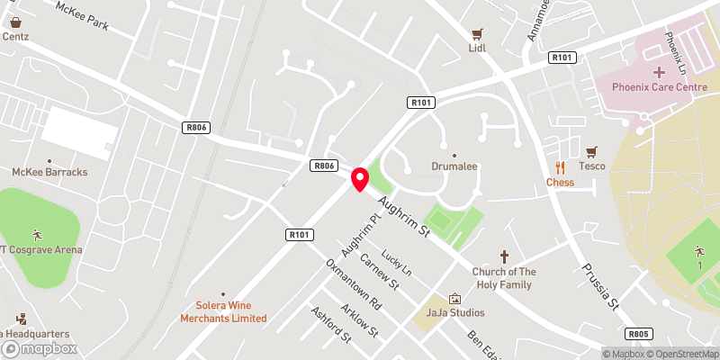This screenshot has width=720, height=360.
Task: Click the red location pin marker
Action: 360,178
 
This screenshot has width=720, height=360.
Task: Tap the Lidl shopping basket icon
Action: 477,32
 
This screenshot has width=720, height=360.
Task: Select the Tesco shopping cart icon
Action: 591,151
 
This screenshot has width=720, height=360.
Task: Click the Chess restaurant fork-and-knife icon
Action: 560,166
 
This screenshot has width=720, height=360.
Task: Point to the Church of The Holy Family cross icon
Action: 504,256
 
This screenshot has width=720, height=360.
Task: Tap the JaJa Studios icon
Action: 454,298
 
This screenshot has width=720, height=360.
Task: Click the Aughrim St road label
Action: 405,218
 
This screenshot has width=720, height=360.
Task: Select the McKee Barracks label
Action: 49,171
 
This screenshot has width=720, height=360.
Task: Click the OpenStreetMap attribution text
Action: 679,353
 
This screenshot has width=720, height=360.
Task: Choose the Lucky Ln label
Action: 396,263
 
